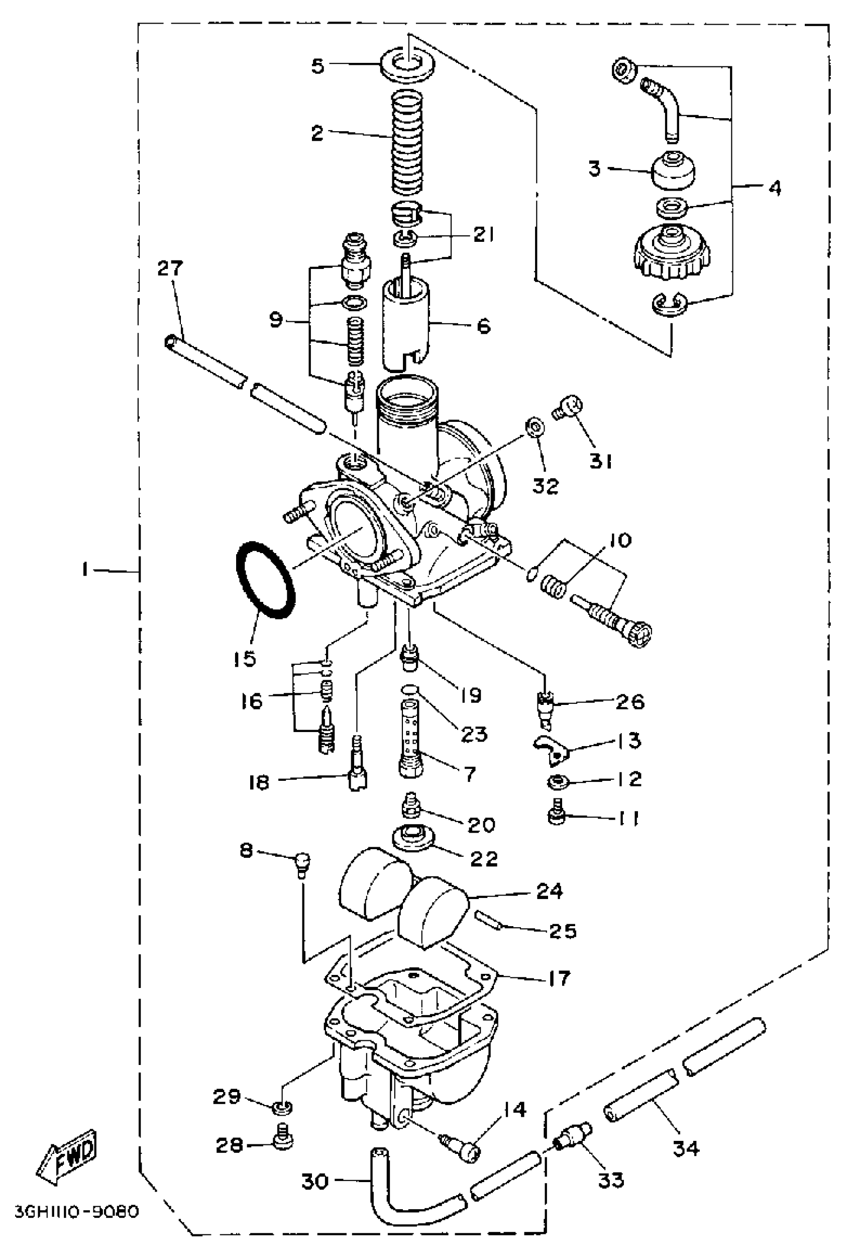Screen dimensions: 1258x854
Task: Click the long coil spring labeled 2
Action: point(407,142)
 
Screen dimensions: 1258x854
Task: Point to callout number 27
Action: point(170,268)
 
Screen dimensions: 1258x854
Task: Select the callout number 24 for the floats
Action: point(550,890)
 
